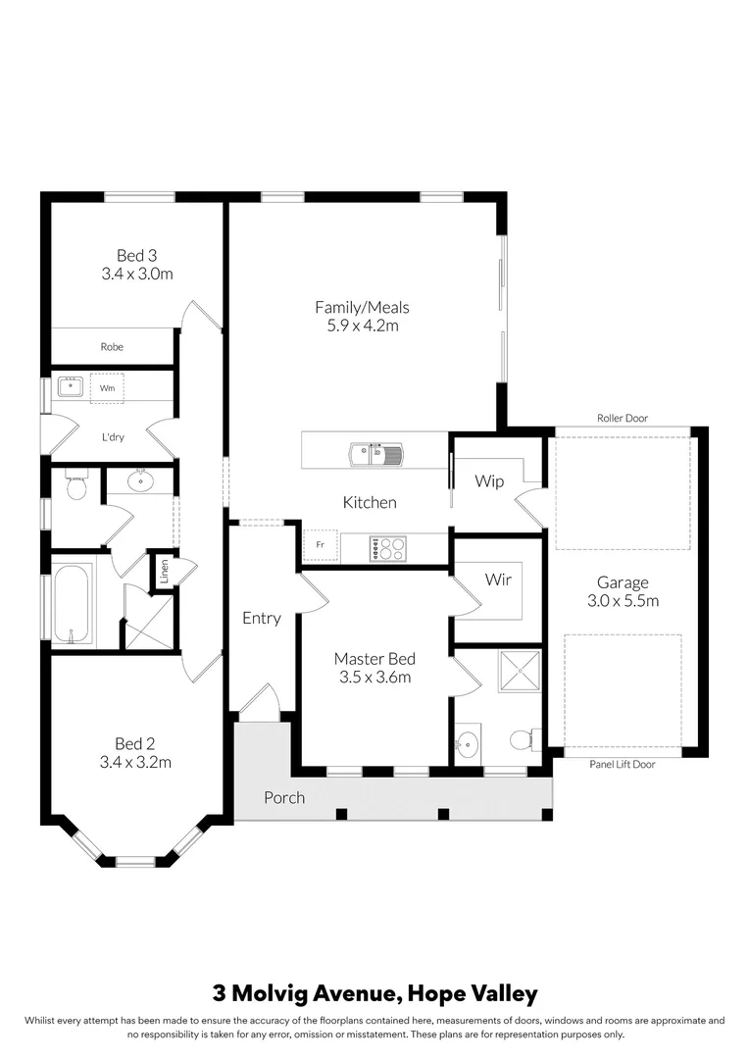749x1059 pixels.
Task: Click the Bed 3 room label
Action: [x=136, y=256]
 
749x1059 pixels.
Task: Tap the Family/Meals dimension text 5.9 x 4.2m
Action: [x=362, y=326]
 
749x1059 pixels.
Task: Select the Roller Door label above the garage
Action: [x=623, y=418]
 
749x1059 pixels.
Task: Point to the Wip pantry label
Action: [x=489, y=481]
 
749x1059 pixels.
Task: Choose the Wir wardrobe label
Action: [x=498, y=580]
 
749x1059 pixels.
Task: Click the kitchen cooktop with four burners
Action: [x=387, y=549]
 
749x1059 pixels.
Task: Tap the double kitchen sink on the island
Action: [x=374, y=453]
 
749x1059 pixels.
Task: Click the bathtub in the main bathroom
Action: [x=73, y=603]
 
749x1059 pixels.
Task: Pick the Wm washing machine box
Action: [x=106, y=388]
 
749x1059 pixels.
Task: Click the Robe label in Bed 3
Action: [x=112, y=346]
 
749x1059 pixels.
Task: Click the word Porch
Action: [x=284, y=797]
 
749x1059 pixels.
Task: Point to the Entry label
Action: [x=262, y=618]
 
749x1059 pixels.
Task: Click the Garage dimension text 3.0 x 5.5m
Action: [x=624, y=600]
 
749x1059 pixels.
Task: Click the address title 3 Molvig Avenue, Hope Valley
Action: [x=374, y=993]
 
